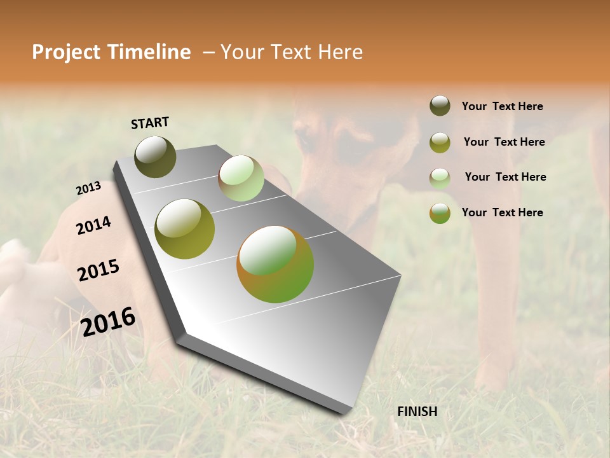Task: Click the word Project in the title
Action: tap(66, 52)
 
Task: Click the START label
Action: tap(150, 123)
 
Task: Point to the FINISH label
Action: tap(417, 412)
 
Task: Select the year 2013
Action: tap(88, 188)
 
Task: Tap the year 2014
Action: tap(93, 225)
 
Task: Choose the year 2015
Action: tap(98, 270)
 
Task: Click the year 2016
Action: tap(108, 322)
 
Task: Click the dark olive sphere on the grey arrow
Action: tap(156, 156)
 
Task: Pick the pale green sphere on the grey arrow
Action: tap(241, 178)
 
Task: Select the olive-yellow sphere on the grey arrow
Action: tap(185, 229)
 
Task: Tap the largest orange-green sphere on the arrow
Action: tap(275, 264)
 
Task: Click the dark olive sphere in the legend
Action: tap(440, 106)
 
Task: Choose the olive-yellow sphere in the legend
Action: tap(440, 142)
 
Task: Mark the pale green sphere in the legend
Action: tap(440, 178)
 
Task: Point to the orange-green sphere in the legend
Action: tap(440, 213)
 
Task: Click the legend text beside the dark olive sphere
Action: tap(502, 106)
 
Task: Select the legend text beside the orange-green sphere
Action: tap(502, 212)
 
